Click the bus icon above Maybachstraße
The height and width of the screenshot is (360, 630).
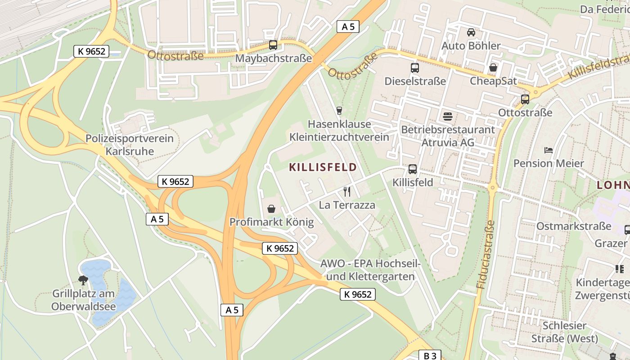[273, 45]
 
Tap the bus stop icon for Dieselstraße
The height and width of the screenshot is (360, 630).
[414, 68]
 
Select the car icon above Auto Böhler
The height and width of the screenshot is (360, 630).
[471, 32]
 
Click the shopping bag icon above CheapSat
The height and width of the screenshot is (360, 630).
[493, 68]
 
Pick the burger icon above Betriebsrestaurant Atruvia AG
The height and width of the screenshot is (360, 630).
[447, 117]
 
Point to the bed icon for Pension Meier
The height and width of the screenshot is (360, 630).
[548, 150]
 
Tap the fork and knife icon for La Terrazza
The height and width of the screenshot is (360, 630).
[346, 192]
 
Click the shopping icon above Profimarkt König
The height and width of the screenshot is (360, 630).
[271, 209]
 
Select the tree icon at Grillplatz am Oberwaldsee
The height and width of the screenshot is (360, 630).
[83, 281]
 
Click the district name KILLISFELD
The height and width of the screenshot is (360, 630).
[323, 168]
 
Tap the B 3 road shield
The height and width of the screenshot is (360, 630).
[430, 355]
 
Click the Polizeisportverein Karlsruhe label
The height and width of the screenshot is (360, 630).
[130, 144]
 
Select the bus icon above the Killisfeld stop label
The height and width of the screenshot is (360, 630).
[412, 169]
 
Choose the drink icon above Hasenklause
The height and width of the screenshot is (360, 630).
[339, 111]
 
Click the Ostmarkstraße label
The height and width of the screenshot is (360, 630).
[573, 226]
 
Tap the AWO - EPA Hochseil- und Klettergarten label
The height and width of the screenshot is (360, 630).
[370, 270]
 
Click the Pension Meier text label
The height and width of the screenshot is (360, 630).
[549, 163]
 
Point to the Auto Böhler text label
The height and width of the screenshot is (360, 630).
[471, 46]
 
